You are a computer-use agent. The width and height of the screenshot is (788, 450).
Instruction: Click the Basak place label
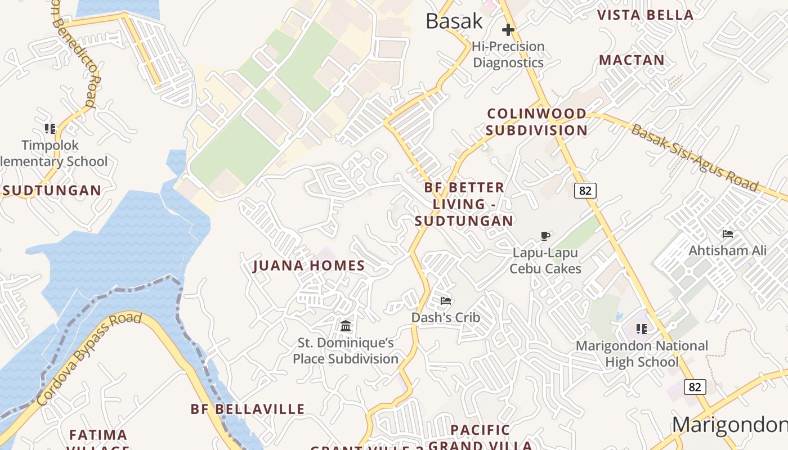click(454, 21)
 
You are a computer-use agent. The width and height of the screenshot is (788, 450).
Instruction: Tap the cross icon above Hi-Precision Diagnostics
click(508, 30)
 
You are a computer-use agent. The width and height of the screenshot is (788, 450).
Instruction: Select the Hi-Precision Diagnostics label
click(508, 55)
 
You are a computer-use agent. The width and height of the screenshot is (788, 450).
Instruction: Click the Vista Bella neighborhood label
click(645, 15)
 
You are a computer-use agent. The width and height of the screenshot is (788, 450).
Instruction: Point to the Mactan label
click(632, 60)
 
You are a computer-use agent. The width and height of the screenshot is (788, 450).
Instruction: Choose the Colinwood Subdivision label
click(536, 122)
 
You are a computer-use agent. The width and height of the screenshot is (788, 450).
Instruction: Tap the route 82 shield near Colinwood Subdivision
click(585, 191)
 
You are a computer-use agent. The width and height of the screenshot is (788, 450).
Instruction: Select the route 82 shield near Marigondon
click(695, 387)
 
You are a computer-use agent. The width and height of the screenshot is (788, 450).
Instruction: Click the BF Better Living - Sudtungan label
click(464, 204)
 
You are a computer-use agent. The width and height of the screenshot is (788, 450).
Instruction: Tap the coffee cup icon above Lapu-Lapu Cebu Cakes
click(545, 236)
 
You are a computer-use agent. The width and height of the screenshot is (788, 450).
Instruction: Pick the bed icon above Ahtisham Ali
click(728, 234)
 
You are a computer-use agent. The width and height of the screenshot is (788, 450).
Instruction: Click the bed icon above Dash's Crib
click(446, 301)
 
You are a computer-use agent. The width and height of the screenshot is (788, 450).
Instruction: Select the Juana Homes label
click(309, 265)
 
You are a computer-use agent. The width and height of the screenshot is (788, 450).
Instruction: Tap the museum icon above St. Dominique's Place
click(346, 326)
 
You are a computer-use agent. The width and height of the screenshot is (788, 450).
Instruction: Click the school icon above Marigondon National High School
click(641, 328)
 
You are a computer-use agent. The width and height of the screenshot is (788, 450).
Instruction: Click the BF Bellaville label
click(248, 409)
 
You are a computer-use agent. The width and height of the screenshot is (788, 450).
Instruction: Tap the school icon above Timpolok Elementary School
click(50, 129)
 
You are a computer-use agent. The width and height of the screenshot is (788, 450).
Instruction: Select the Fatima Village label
click(98, 439)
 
